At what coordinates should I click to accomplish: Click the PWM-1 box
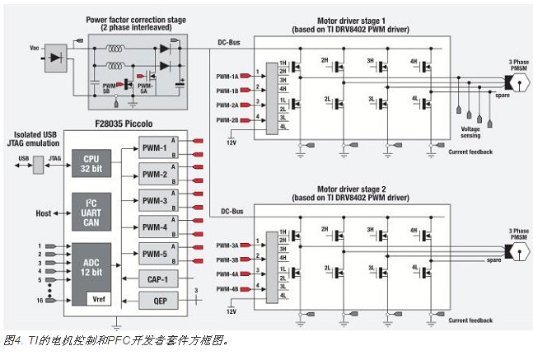153,148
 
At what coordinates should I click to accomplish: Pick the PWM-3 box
153,200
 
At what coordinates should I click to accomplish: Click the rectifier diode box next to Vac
56,57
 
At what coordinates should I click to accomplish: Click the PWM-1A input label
227,75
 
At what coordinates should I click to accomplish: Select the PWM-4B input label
227,288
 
